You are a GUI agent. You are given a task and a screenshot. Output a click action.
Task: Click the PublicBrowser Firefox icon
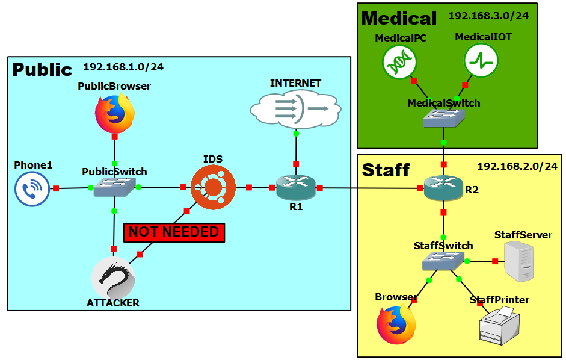tap(115, 113)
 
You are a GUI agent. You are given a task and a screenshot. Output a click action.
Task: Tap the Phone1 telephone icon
tap(32, 189)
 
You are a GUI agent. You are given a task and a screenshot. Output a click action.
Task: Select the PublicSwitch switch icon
tap(114, 187)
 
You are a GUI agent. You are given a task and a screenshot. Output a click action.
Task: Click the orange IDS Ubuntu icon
tap(213, 187)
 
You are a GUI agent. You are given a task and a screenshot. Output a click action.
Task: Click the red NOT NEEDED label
tap(174, 232)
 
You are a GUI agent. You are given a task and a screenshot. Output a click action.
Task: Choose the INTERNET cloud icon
tap(296, 109)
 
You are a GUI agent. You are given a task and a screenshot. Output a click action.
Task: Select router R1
tap(296, 187)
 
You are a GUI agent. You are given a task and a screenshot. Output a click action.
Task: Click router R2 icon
tap(443, 187)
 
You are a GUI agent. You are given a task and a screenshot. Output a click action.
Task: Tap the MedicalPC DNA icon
tap(399, 62)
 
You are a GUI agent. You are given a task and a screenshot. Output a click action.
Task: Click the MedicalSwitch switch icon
tap(444, 118)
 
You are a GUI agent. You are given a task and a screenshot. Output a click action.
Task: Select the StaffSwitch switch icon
tap(443, 261)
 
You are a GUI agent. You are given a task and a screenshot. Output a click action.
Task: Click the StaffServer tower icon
tap(518, 261)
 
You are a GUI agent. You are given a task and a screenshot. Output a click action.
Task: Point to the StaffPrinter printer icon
tap(500, 325)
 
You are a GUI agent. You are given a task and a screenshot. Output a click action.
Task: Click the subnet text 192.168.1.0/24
tap(123, 67)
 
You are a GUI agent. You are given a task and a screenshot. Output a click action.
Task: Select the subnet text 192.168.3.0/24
tap(488, 16)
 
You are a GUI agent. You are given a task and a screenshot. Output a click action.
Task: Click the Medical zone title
tap(399, 19)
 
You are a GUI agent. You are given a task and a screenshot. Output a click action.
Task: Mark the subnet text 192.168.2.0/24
tap(517, 166)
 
